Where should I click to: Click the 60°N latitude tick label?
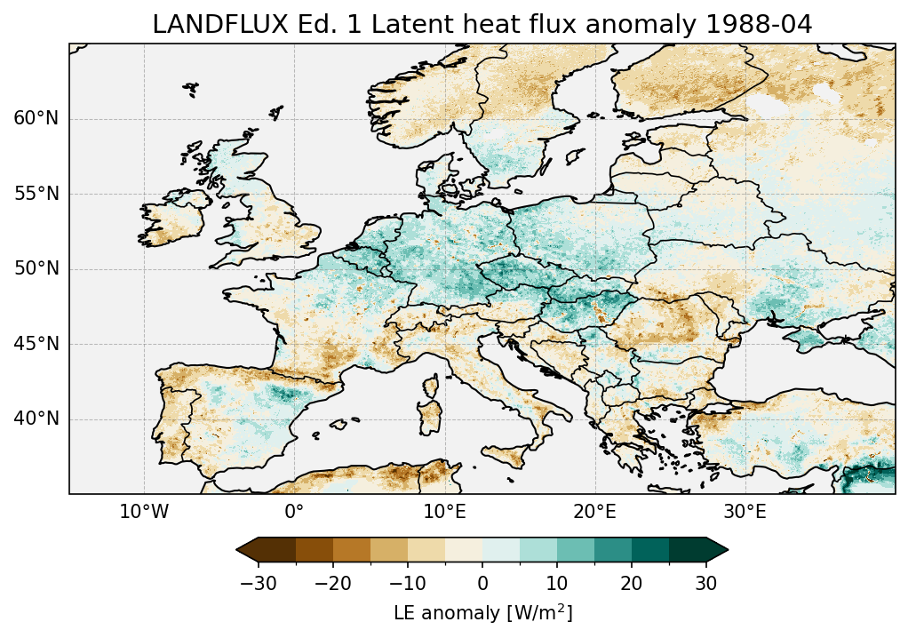pyautogui.click(x=36, y=119)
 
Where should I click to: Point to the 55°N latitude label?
pyautogui.click(x=36, y=194)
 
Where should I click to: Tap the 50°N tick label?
pyautogui.click(x=36, y=269)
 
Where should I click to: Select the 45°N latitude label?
pyautogui.click(x=36, y=344)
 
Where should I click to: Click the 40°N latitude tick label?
pyautogui.click(x=36, y=419)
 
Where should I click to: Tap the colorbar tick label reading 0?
pyautogui.click(x=482, y=583)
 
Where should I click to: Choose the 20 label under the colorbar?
pyautogui.click(x=632, y=583)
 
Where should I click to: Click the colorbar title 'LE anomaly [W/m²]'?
pyautogui.click(x=482, y=613)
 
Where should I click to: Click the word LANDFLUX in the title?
pyautogui.click(x=203, y=25)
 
